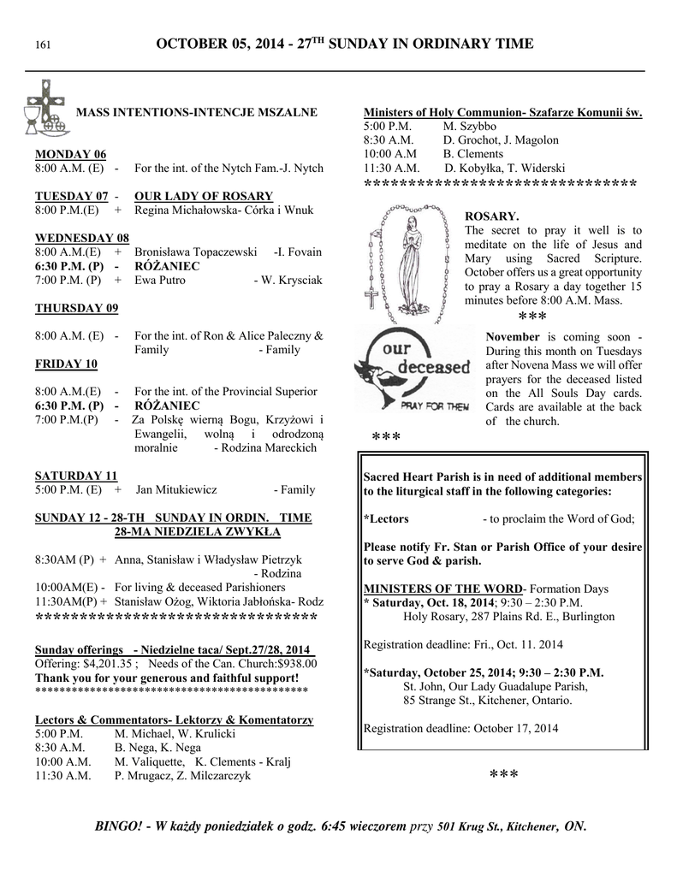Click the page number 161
(40, 44)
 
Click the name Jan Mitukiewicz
(175, 490)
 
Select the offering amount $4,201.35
(102, 663)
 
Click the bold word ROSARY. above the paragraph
(491, 216)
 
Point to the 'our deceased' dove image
(413, 370)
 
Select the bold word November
(513, 337)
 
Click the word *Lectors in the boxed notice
(386, 519)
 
